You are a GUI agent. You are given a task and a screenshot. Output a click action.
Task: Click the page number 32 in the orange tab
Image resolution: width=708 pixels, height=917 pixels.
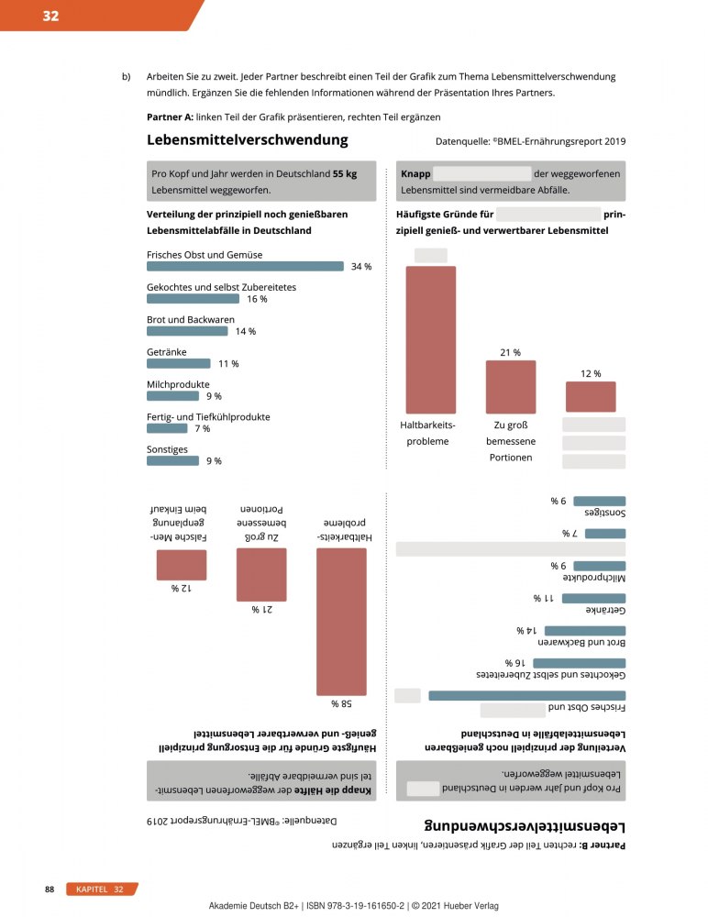tap(50, 15)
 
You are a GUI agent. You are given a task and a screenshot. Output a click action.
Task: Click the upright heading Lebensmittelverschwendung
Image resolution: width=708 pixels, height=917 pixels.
tap(247, 140)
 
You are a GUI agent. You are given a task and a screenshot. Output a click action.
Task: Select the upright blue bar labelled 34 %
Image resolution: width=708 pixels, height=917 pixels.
tap(245, 266)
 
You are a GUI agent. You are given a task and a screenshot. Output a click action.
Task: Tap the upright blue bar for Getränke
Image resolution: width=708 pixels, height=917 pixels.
tap(179, 363)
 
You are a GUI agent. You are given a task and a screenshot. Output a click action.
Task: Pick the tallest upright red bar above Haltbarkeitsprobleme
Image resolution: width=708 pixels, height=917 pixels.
tap(431, 339)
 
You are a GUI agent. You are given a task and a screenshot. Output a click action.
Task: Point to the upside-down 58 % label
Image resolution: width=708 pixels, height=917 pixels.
tap(341, 704)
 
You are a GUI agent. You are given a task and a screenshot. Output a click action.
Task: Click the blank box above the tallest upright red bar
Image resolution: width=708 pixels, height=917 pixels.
tap(430, 255)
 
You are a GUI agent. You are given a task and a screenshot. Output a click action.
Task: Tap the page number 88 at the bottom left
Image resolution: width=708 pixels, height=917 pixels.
tap(51, 889)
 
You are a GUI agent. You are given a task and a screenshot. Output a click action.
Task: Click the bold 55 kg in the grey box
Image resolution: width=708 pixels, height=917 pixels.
tap(346, 174)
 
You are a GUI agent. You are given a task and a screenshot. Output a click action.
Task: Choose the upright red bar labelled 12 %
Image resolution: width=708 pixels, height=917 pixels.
tap(591, 396)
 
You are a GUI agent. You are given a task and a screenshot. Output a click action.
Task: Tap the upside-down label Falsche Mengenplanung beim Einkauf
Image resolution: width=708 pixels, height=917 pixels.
tap(181, 523)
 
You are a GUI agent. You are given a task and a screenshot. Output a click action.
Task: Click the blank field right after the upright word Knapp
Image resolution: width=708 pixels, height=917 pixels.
tap(481, 174)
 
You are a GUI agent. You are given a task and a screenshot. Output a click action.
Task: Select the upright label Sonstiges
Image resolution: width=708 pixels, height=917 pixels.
tap(167, 449)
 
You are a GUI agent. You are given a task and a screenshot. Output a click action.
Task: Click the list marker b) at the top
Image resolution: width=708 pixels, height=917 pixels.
tap(127, 76)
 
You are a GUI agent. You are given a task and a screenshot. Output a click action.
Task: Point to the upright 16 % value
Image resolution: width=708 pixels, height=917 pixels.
tap(257, 299)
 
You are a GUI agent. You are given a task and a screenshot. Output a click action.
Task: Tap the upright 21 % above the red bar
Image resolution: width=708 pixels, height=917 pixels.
tap(510, 352)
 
